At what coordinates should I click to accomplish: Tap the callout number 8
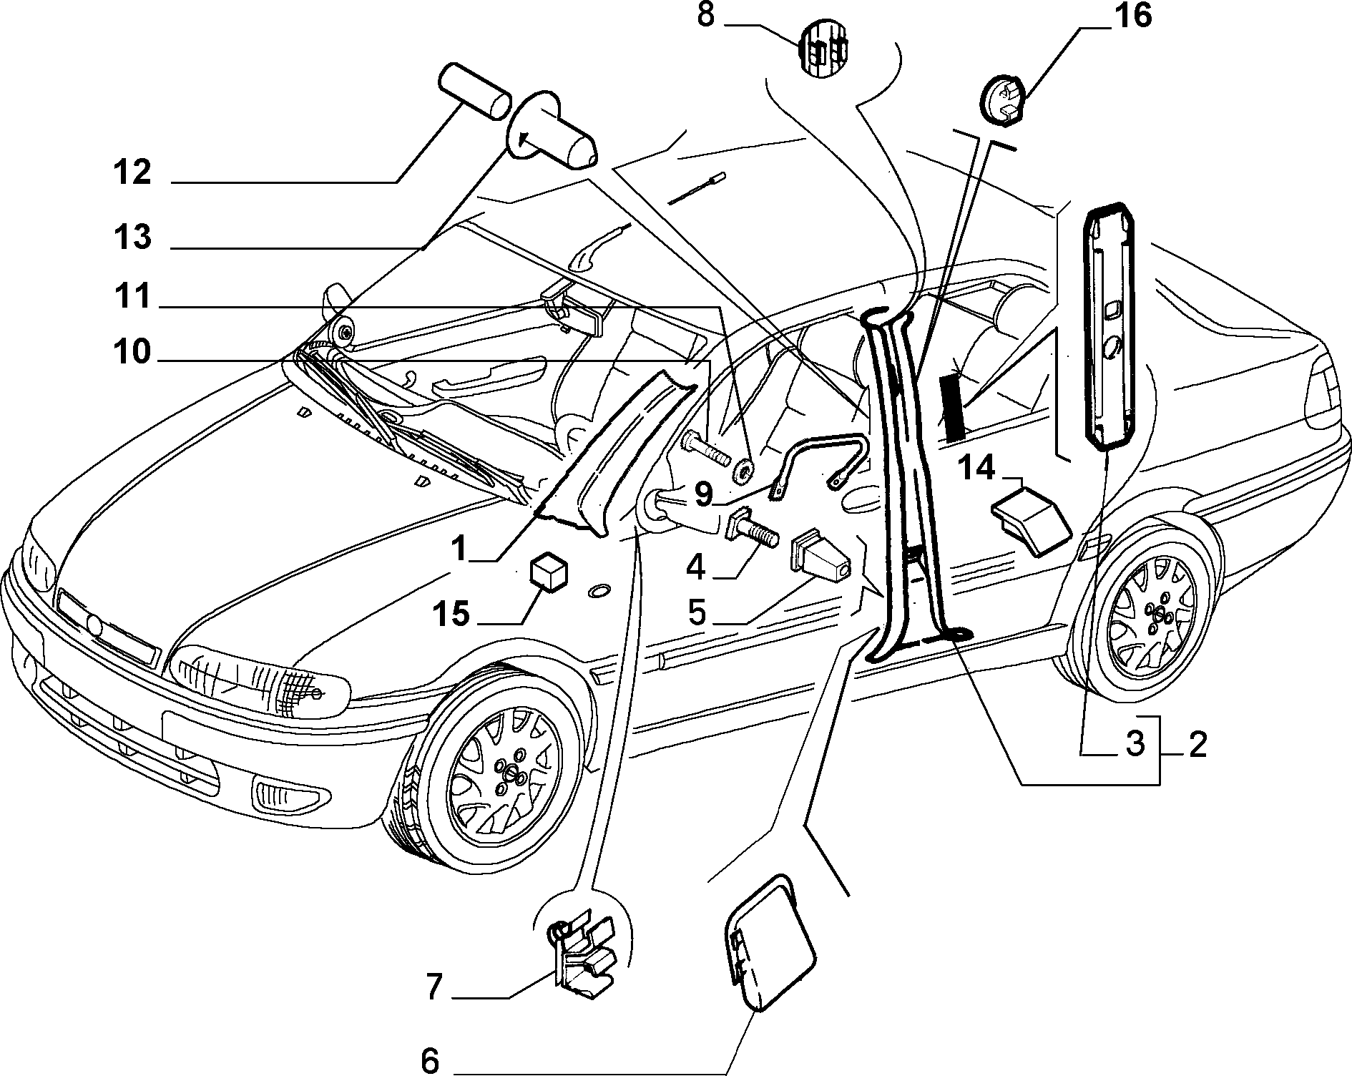tap(706, 15)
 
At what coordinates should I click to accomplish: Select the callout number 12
tap(132, 173)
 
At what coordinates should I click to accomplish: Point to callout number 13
tap(132, 237)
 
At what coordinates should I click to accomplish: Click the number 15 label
tap(451, 614)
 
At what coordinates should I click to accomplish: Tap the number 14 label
tap(977, 469)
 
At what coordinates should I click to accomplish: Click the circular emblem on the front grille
tap(94, 625)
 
